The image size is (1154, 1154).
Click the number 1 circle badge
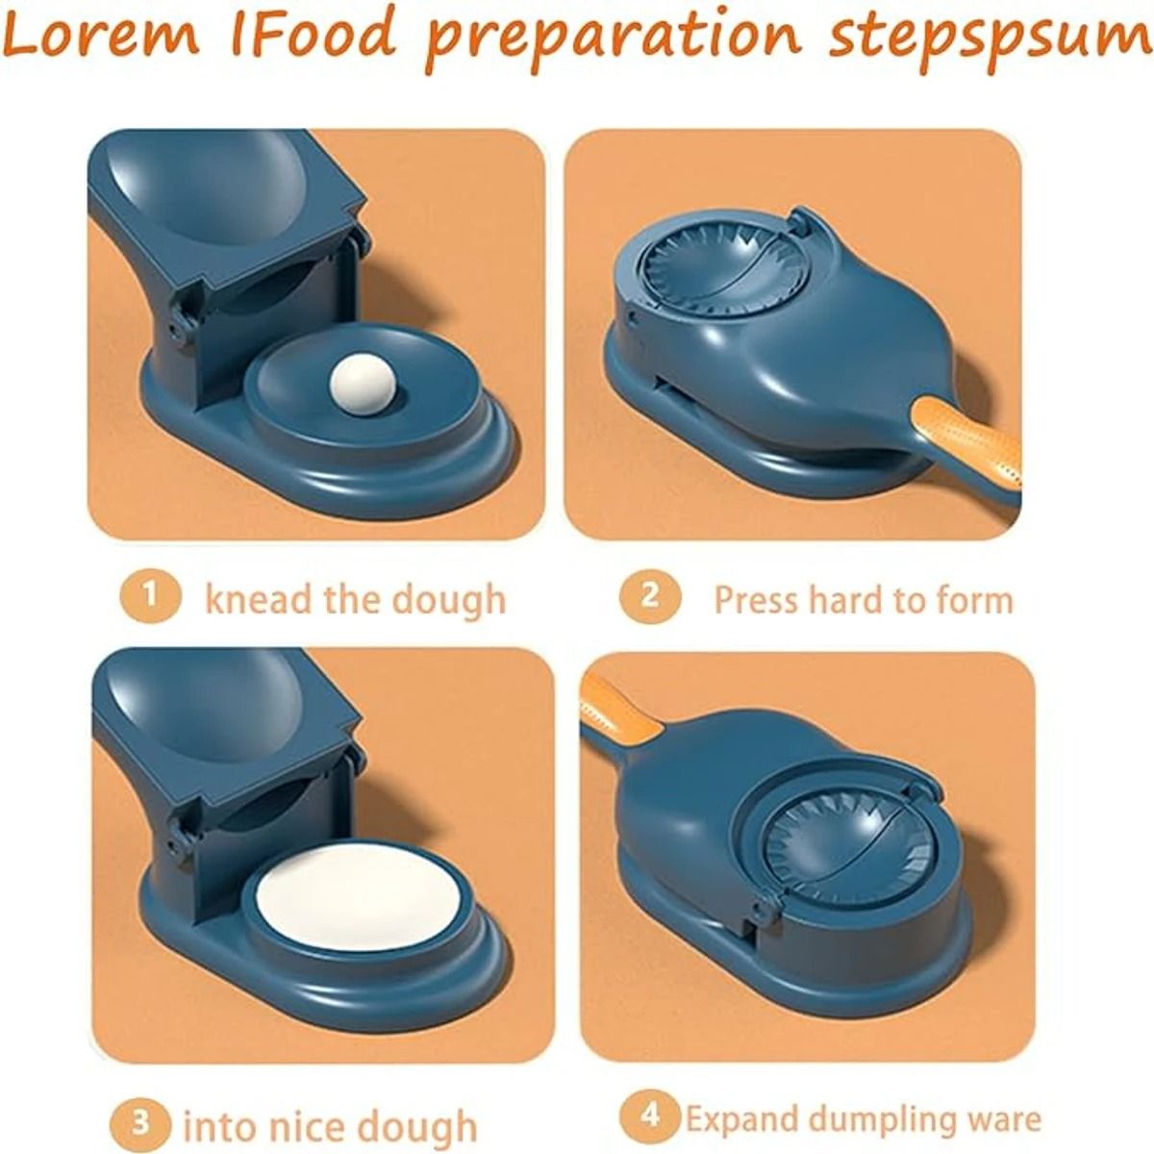tap(150, 596)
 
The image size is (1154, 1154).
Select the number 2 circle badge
tap(650, 596)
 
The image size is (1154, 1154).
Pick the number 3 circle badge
tap(140, 1107)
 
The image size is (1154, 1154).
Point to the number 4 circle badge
tap(650, 1100)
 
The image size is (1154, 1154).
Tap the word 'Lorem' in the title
tap(103, 36)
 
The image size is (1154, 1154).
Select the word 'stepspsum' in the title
tap(989, 38)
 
